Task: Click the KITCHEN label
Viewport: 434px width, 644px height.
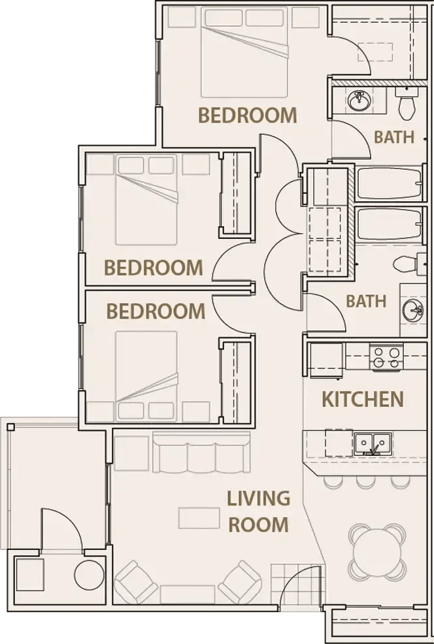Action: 362,399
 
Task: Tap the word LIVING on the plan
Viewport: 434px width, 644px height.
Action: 258,498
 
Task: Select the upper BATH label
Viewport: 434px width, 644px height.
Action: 393,137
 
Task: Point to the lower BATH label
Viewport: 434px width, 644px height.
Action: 365,302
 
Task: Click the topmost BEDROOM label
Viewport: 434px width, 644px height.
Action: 247,116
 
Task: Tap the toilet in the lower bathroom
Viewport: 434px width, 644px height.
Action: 407,263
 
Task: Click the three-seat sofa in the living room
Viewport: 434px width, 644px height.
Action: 201,453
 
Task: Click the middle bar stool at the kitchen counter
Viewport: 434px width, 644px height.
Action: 365,481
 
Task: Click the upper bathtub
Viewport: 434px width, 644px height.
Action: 389,185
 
